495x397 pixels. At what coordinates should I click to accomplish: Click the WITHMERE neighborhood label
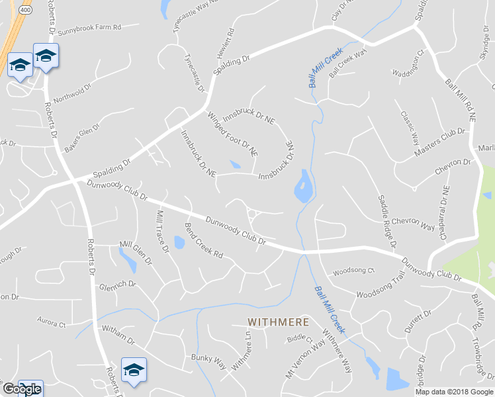point(278,322)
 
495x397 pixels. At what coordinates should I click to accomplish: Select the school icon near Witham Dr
point(134,369)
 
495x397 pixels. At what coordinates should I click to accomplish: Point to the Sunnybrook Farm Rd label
point(89,28)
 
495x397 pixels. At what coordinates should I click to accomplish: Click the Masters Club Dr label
point(439,142)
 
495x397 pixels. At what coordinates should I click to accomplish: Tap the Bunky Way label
point(209,362)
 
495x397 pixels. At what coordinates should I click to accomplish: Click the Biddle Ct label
point(299,339)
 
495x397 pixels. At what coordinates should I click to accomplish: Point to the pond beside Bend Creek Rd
point(179,242)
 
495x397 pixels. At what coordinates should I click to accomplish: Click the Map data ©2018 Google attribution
point(453,392)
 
